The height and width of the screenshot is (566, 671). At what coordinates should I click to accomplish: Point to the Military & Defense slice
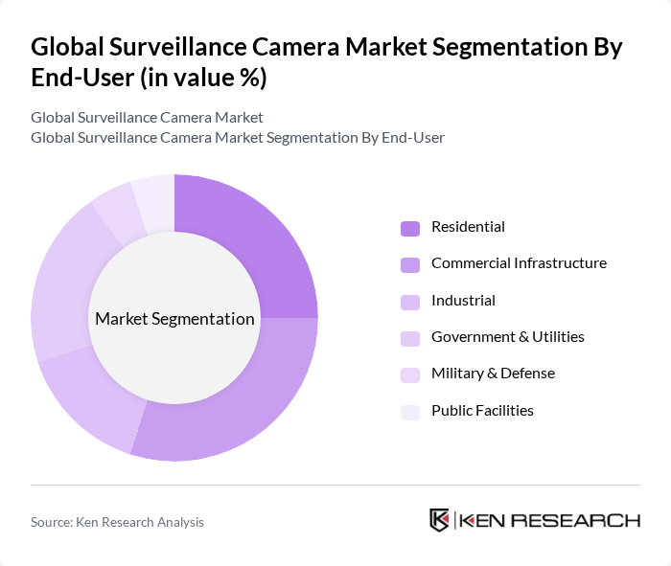[x=115, y=211]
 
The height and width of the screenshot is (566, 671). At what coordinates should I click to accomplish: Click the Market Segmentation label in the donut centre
[x=174, y=319]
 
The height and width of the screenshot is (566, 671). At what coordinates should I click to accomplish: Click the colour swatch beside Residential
[x=410, y=228]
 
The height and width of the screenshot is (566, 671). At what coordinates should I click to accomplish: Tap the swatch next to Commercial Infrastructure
[x=410, y=264]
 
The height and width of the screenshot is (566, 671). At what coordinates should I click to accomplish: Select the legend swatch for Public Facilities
[x=410, y=412]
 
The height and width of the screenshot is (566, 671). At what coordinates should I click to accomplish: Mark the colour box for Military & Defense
[x=410, y=374]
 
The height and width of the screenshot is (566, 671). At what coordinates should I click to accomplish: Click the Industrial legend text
[x=463, y=301]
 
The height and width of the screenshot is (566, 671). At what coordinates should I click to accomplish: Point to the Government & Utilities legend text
[x=507, y=337]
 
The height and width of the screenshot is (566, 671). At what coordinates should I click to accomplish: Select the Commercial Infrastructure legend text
[x=519, y=263]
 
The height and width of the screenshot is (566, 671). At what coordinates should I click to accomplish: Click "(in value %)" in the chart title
[x=202, y=78]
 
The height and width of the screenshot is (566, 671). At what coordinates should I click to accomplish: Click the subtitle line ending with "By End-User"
[x=238, y=138]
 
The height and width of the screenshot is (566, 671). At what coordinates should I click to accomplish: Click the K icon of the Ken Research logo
[x=439, y=520]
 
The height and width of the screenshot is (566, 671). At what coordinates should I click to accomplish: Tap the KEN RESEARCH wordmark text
[x=549, y=520]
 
